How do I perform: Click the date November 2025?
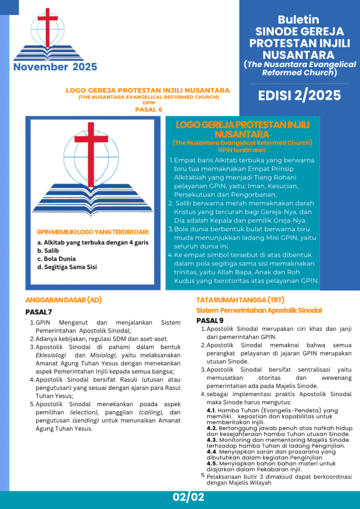coord(55,67)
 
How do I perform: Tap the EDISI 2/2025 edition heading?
coord(299,95)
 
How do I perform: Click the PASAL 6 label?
coord(149,109)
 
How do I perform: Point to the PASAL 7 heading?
coord(39,312)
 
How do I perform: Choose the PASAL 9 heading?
coord(210,320)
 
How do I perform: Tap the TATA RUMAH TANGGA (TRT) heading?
coord(240,300)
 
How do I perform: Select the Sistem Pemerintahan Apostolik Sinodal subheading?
coord(259,310)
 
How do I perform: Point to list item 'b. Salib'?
coord(48,251)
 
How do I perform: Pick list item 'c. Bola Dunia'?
coord(56,259)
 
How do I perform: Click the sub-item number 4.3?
coord(212,440)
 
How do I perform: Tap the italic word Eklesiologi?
coord(52,355)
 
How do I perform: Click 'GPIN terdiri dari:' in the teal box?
coord(242,150)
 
